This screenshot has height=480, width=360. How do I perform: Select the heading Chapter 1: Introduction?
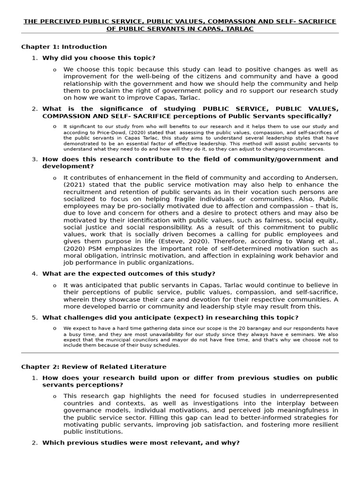pyautogui.click(x=64, y=47)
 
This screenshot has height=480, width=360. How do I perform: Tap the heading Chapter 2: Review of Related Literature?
pyautogui.click(x=94, y=367)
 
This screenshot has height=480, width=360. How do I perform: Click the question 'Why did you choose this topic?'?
pyautogui.click(x=99, y=58)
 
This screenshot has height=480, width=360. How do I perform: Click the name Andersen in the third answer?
pyautogui.click(x=320, y=178)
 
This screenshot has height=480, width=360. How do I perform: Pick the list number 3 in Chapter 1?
pyautogui.click(x=34, y=159)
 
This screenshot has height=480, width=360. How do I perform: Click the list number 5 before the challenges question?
pyautogui.click(x=34, y=317)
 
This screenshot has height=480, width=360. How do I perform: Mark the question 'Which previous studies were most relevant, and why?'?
pyautogui.click(x=141, y=442)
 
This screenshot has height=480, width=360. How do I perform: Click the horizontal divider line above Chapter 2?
pyautogui.click(x=180, y=352)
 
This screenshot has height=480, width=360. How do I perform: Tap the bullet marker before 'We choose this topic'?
pyautogui.click(x=55, y=70)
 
